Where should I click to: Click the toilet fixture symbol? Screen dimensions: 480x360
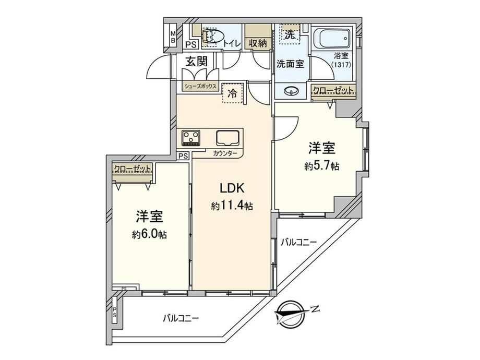tap(210, 35)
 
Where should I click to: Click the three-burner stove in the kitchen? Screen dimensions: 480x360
tap(191, 138)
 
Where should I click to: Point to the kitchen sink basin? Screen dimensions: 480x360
tap(228, 138)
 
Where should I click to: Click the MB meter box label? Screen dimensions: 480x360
tap(173, 37)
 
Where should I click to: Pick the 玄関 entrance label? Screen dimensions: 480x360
tap(196, 62)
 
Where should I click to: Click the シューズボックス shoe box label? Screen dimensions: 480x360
tap(200, 86)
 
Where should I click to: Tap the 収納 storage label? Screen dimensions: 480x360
tap(258, 43)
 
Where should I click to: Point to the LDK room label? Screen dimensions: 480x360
tap(232, 188)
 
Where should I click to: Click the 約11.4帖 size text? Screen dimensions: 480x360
tap(232, 206)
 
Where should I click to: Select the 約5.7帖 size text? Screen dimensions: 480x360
tap(321, 166)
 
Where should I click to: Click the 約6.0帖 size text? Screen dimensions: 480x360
tap(149, 234)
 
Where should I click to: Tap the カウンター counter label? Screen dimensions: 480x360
tap(225, 154)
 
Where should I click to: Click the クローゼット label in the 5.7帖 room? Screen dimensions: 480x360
tap(333, 90)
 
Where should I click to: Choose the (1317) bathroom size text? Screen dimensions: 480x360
tap(341, 65)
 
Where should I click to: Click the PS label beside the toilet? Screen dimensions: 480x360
tap(191, 45)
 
